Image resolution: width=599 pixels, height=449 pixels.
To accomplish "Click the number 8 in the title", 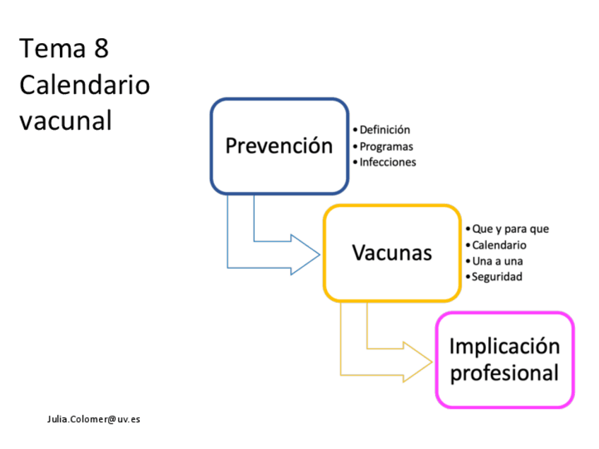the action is tap(101, 49).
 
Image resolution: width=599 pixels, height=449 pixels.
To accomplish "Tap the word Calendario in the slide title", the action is tap(85, 85).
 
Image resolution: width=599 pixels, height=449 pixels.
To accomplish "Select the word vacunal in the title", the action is tap(66, 121).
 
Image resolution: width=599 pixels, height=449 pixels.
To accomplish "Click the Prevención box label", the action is tap(279, 145).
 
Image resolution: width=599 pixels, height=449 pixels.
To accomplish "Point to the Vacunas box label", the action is tap(392, 253).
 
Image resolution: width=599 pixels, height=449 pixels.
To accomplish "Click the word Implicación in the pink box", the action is tap(504, 347).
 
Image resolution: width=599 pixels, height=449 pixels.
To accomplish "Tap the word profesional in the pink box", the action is tap(504, 373).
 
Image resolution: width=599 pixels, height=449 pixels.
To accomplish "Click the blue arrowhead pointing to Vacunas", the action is tap(305, 255).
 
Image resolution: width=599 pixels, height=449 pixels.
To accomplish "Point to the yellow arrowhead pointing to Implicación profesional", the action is tap(417, 362).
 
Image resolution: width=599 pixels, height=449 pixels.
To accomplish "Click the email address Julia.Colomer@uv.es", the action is tap(93, 419).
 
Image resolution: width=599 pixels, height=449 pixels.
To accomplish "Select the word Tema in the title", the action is tap(52, 49).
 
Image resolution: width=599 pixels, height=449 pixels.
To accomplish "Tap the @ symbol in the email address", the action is tap(112, 419).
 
